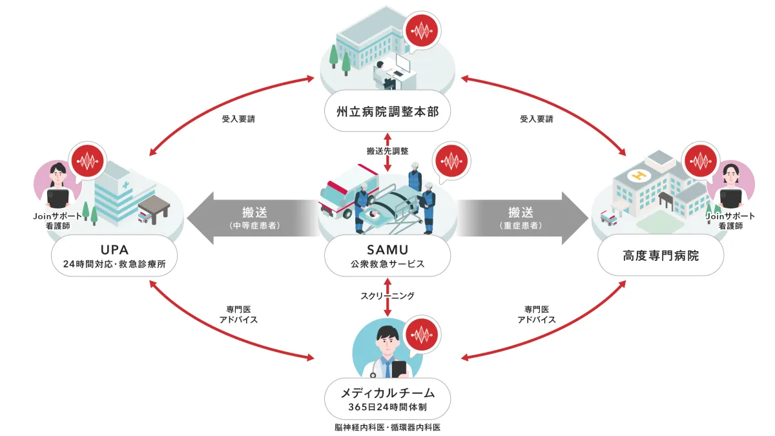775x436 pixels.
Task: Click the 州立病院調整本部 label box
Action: pyautogui.click(x=387, y=112)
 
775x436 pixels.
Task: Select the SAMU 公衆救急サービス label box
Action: pyautogui.click(x=387, y=257)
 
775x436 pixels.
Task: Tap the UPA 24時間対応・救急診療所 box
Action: pyautogui.click(x=115, y=256)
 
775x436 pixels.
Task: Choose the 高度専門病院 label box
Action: pyautogui.click(x=661, y=256)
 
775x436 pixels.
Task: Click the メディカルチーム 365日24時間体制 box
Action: pyautogui.click(x=387, y=399)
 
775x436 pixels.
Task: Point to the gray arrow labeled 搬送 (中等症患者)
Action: pyautogui.click(x=252, y=217)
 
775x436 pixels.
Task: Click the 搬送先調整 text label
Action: pyautogui.click(x=387, y=151)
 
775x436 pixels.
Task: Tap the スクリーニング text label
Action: pyautogui.click(x=387, y=296)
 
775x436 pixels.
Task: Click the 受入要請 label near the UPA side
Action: pyautogui.click(x=238, y=119)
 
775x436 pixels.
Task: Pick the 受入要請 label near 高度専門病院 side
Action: pyautogui.click(x=537, y=119)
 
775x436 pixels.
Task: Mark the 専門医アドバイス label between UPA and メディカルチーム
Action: pyautogui.click(x=238, y=315)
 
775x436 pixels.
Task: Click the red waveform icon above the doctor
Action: pyautogui.click(x=422, y=335)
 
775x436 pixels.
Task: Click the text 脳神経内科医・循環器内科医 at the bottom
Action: pyautogui.click(x=387, y=427)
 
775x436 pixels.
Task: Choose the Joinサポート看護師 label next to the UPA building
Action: pyautogui.click(x=57, y=221)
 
